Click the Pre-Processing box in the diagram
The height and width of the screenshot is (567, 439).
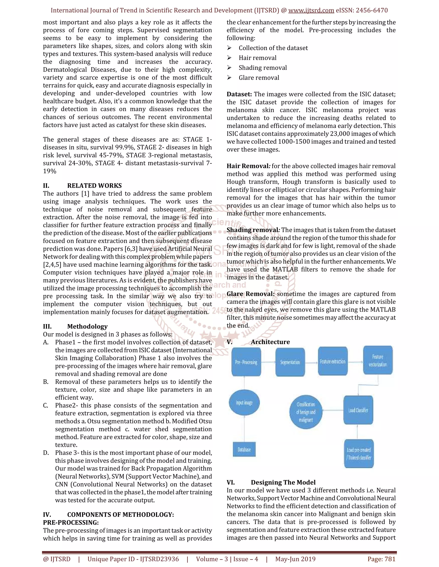246,362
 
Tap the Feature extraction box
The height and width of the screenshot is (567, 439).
333,361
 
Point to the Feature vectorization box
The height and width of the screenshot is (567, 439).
378,360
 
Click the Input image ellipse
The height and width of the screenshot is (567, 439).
244,403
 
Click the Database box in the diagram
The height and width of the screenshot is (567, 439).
244,449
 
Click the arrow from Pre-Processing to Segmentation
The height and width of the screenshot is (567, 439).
268,362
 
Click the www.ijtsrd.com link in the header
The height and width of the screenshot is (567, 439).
311,10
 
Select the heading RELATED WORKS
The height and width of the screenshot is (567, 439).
94,186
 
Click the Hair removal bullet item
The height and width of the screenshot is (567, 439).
257,58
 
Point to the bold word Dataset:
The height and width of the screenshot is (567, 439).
239,94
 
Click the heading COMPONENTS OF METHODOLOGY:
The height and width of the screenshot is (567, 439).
120,515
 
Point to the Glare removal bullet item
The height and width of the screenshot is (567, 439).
259,78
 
